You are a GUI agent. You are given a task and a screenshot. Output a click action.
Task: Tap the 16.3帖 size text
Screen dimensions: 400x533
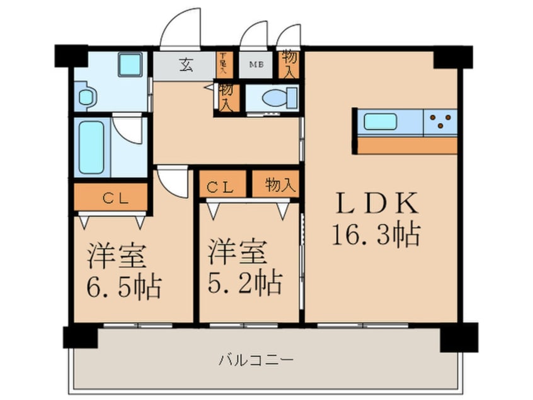point(377,235)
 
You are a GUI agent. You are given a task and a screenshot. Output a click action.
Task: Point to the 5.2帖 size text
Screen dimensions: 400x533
point(245,282)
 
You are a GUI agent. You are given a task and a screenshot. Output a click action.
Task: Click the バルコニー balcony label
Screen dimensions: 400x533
point(256,361)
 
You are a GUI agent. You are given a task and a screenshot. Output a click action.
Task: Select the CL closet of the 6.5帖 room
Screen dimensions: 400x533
point(111,197)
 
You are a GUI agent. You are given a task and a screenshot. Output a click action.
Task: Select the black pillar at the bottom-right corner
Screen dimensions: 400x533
point(457,336)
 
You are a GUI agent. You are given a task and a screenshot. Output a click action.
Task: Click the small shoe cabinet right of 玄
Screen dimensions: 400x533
point(222,64)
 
